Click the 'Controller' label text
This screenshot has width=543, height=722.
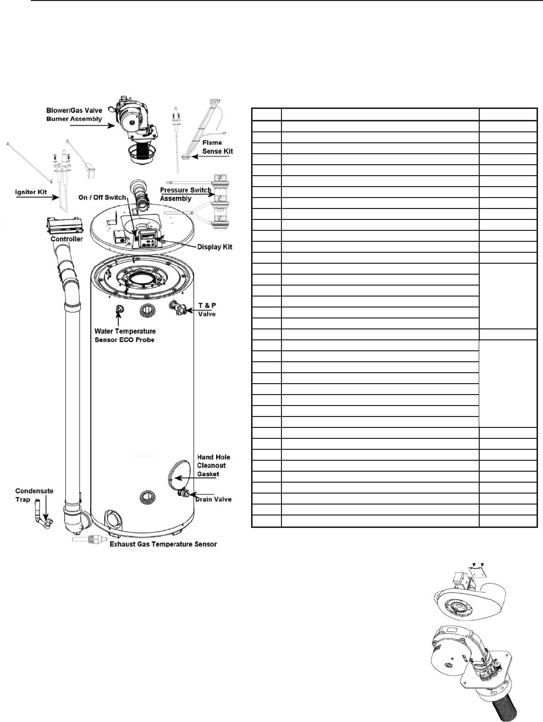point(67,239)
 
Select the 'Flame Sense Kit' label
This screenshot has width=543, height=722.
point(219,147)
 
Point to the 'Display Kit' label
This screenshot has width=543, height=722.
point(215,247)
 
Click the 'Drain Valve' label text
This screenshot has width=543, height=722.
point(213,499)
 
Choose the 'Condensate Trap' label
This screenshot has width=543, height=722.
point(34,495)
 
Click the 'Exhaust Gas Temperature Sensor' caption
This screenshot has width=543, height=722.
point(163,544)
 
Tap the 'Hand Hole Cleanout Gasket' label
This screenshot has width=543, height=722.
point(214,465)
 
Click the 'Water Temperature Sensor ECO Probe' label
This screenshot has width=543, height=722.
point(125,335)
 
